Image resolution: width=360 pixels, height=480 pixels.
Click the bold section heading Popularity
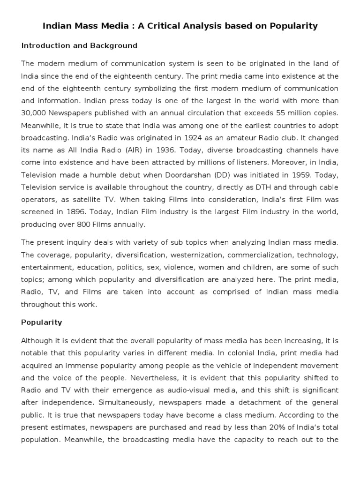41,322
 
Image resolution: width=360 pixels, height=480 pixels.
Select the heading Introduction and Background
79,45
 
